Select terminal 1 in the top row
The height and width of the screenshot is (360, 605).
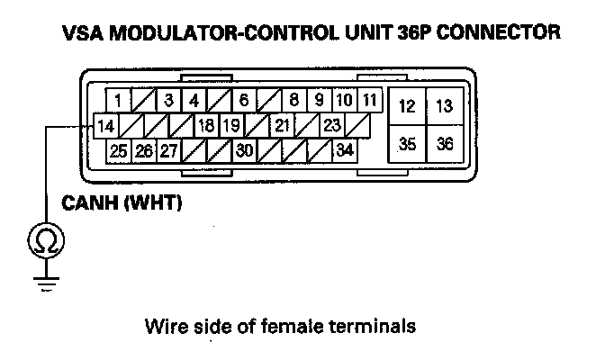coord(118,101)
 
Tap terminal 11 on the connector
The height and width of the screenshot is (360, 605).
coord(369,101)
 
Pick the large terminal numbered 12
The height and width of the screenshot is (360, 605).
coord(407,107)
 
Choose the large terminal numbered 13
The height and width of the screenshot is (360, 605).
coord(444,107)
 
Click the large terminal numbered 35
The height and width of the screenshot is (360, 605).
coord(407,144)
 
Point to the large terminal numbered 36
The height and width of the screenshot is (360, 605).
coord(444,144)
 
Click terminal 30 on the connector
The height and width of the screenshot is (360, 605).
coord(244,150)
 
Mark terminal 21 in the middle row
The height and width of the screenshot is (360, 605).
coord(282,125)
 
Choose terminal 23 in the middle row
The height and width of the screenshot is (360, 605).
coord(331,125)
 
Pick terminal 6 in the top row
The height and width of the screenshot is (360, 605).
coord(244,101)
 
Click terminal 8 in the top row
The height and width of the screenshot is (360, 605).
coord(293,101)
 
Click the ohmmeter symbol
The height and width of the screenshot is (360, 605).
coord(43,239)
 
